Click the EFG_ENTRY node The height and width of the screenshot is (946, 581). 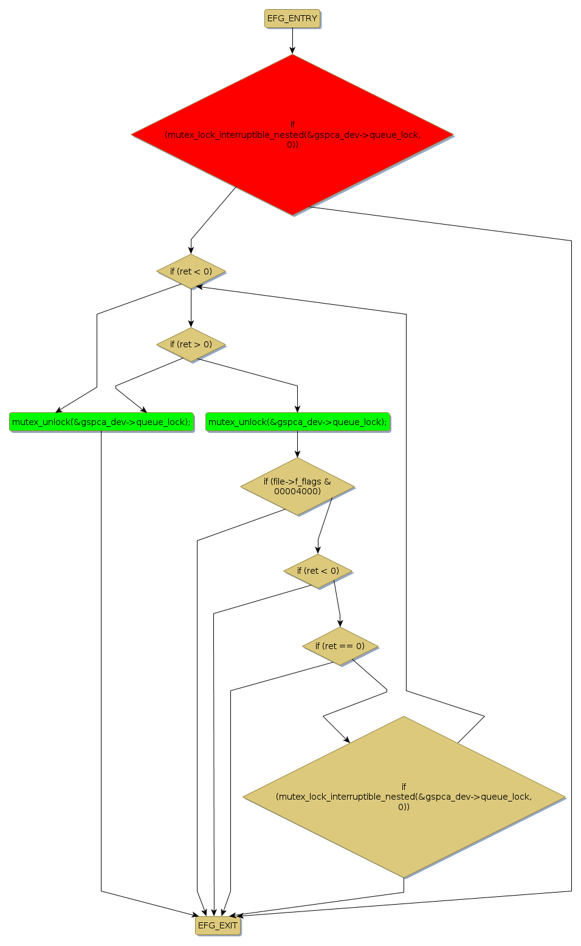pyautogui.click(x=292, y=19)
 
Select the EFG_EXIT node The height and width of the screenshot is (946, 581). pyautogui.click(x=218, y=925)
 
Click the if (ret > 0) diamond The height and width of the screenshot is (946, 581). pyautogui.click(x=191, y=344)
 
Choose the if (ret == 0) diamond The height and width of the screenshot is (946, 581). pyautogui.click(x=340, y=646)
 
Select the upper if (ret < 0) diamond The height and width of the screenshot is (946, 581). pyautogui.click(x=191, y=271)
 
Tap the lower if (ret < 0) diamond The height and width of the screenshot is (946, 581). pyautogui.click(x=318, y=571)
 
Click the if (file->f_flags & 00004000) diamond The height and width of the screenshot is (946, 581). pyautogui.click(x=297, y=486)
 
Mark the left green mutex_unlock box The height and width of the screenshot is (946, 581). pyautogui.click(x=101, y=422)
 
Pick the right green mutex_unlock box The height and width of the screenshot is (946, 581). pyautogui.click(x=297, y=422)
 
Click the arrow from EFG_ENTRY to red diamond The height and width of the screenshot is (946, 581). pyautogui.click(x=292, y=41)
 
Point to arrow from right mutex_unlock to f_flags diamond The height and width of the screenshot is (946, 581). pyautogui.click(x=297, y=444)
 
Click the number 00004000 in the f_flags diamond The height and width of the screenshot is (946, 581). pyautogui.click(x=297, y=491)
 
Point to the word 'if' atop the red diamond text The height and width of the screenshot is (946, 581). pyautogui.click(x=292, y=124)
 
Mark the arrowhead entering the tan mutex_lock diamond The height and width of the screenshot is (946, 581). pyautogui.click(x=347, y=740)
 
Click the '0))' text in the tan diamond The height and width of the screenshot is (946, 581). pyautogui.click(x=404, y=807)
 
